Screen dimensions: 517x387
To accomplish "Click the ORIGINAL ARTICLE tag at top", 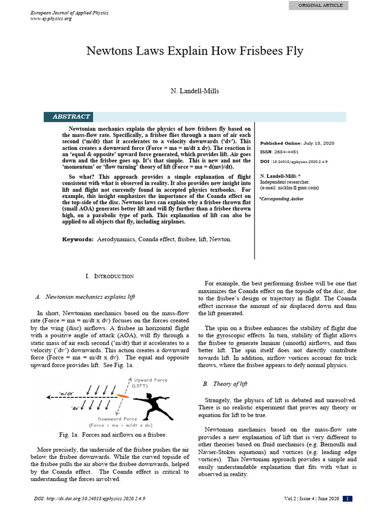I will tap(320, 5).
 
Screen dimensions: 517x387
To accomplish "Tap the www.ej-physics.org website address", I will tap(51, 19).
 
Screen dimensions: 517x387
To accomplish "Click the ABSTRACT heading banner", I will tap(71, 117).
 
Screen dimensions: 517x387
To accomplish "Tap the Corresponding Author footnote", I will tap(282, 198).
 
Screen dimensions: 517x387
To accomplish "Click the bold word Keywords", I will tap(78, 239).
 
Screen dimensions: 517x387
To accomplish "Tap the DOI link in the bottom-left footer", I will tap(88, 499).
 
